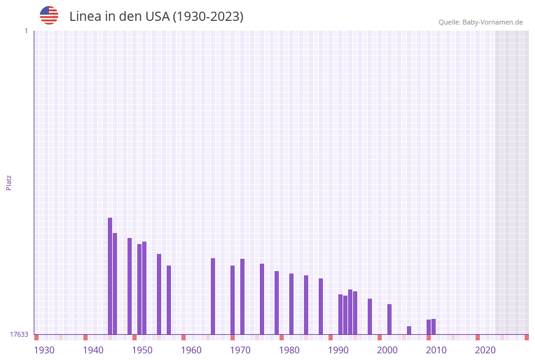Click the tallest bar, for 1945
(x=110, y=276)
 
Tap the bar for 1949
(x=130, y=286)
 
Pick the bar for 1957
(x=169, y=300)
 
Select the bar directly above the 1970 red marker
(x=233, y=300)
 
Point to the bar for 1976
(x=262, y=299)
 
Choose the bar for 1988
(x=321, y=306)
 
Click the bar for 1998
(x=370, y=316)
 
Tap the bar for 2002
(x=390, y=319)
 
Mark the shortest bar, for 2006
(x=409, y=330)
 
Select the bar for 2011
(x=434, y=326)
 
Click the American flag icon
(x=49, y=15)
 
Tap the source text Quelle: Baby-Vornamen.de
(x=480, y=22)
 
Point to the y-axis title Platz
(x=9, y=182)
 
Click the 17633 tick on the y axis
(x=19, y=334)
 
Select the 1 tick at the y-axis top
(x=26, y=31)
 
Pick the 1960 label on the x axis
(x=191, y=350)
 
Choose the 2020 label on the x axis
(x=485, y=350)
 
